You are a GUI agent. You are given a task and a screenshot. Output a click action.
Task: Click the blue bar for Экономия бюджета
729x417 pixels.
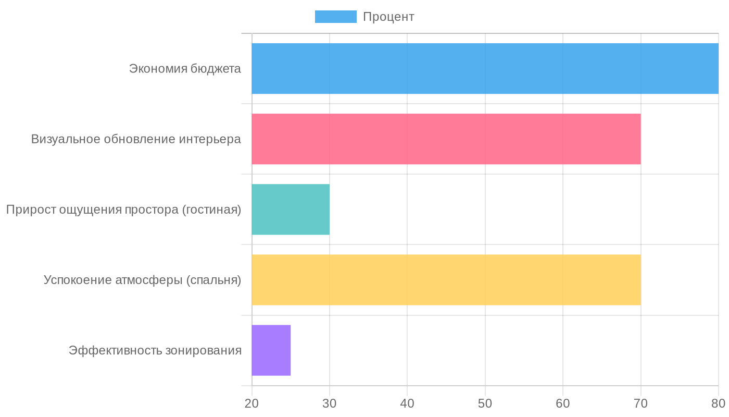click(x=484, y=68)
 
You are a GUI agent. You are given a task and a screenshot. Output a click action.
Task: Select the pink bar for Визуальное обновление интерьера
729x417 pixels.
click(x=446, y=139)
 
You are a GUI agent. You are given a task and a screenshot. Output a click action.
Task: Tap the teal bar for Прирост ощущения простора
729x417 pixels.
click(x=291, y=209)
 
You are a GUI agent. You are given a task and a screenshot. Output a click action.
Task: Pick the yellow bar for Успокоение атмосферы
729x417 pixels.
click(x=446, y=279)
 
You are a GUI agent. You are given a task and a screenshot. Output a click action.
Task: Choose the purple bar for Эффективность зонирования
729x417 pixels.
click(x=271, y=350)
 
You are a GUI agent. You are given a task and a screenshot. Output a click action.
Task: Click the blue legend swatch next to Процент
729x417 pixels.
click(x=335, y=17)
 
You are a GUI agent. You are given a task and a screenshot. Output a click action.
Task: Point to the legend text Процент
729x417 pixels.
click(x=388, y=17)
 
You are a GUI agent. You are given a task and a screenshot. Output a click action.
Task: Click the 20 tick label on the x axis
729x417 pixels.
click(x=252, y=403)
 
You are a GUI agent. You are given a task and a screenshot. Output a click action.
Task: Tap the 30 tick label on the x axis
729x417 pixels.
click(x=330, y=403)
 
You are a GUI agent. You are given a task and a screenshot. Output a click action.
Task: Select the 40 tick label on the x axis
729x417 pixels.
click(x=407, y=403)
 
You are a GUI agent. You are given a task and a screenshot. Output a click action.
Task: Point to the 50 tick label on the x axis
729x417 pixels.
click(x=485, y=403)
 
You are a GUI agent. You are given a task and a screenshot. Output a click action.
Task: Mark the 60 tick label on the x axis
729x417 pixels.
click(x=563, y=403)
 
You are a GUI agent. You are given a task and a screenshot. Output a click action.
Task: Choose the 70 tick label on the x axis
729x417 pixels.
click(x=640, y=403)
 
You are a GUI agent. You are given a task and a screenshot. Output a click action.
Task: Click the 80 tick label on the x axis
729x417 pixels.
click(x=718, y=403)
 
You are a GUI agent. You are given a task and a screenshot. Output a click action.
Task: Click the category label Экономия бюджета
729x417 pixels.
click(x=185, y=69)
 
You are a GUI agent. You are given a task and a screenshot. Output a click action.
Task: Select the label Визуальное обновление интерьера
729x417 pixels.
click(x=136, y=139)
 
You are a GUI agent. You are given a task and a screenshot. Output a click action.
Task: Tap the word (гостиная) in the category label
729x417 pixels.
click(x=212, y=210)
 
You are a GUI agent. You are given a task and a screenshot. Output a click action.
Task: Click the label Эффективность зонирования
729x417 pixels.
click(x=155, y=350)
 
